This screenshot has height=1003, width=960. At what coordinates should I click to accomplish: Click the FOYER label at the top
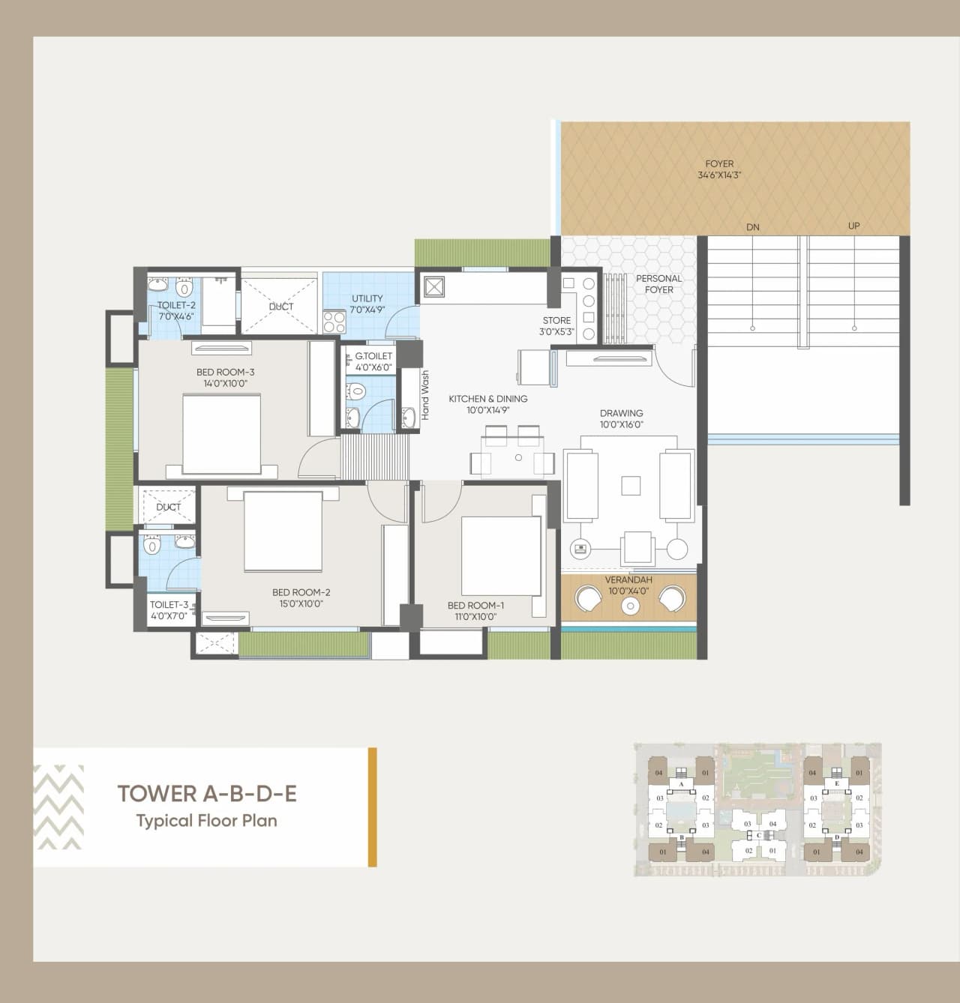point(719,164)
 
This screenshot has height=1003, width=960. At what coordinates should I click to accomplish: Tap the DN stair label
point(753,227)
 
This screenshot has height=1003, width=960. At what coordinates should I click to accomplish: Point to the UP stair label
point(853,226)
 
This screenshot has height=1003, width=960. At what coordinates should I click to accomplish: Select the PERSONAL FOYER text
point(658,284)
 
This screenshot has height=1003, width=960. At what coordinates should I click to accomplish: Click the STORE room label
point(556,321)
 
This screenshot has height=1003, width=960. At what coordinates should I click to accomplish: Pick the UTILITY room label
point(367,298)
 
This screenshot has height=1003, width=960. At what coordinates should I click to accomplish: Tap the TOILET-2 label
point(176,306)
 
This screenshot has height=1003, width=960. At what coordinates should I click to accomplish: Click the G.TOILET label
point(373,357)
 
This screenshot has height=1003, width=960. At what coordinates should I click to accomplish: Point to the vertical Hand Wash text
point(425,395)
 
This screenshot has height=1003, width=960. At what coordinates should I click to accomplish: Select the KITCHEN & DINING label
point(487,399)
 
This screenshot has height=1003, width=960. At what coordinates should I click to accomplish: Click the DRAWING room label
point(621,413)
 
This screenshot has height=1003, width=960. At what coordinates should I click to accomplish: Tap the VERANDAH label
point(628,580)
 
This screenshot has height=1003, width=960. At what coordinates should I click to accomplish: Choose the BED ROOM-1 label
point(475,606)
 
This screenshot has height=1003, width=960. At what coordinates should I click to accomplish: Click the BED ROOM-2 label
point(301,593)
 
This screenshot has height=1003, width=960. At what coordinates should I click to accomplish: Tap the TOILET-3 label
point(169,605)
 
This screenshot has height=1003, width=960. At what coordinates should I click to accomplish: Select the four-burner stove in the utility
point(334,322)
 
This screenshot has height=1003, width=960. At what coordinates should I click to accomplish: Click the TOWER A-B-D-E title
point(207,794)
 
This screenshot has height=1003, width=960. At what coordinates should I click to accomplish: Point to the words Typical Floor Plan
point(206,821)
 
